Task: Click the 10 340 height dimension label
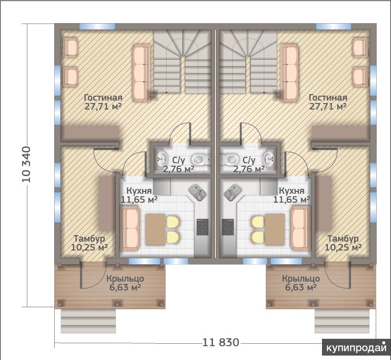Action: [27, 164]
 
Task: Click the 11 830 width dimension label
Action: [220, 343]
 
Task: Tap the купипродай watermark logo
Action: [356, 347]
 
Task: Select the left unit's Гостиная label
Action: [103, 97]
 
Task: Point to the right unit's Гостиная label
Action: [328, 97]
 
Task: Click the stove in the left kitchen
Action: [203, 227]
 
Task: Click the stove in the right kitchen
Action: [228, 227]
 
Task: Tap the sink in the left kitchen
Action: [197, 192]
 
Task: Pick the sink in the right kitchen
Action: [233, 192]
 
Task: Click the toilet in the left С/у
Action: [200, 159]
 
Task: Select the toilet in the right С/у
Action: [231, 159]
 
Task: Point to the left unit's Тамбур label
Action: [89, 239]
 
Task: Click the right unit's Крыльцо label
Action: [301, 279]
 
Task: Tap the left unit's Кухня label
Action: [139, 191]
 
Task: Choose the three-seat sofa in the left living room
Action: [141, 73]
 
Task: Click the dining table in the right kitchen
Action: [275, 229]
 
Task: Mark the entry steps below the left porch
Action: [88, 321]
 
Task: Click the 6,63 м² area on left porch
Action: [125, 288]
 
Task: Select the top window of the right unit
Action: [333, 27]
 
